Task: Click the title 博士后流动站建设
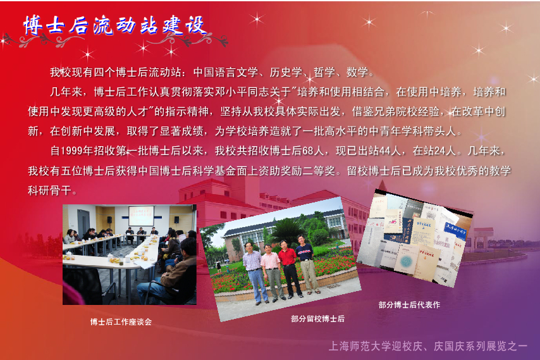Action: pyautogui.click(x=115, y=25)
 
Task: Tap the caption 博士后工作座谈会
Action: pyautogui.click(x=121, y=322)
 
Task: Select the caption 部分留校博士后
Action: pyautogui.click(x=317, y=319)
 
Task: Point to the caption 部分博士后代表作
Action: pyautogui.click(x=409, y=304)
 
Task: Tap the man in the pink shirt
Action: pyautogui.click(x=272, y=272)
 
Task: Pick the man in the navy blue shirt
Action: pyautogui.click(x=307, y=264)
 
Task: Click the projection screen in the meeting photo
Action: pyautogui.click(x=141, y=216)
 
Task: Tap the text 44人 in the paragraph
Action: pyautogui.click(x=390, y=151)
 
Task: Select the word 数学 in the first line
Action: pyautogui.click(x=357, y=72)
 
